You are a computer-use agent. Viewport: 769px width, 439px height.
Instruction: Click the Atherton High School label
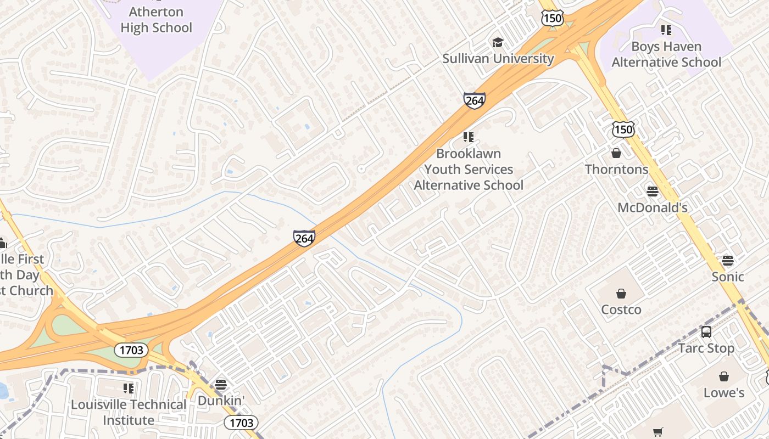tap(156, 20)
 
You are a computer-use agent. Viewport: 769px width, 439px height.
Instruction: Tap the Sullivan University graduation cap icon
tap(498, 42)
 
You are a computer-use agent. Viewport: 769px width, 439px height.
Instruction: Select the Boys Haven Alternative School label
tap(666, 54)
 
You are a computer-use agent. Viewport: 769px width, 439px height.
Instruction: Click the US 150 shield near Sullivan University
tap(551, 18)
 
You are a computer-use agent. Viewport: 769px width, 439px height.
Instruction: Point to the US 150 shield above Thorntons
tap(623, 130)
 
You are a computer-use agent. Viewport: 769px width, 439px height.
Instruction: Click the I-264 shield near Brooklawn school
tap(474, 100)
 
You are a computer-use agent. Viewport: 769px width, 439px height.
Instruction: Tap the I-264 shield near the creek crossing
tap(304, 238)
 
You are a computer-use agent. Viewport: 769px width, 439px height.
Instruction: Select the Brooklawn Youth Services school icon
tap(468, 137)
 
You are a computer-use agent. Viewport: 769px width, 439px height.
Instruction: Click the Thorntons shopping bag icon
tap(616, 153)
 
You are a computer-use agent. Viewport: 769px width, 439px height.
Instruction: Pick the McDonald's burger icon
tap(653, 192)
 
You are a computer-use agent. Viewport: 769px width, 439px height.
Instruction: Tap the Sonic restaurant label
tap(728, 276)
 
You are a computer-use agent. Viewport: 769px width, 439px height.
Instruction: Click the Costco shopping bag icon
tap(621, 294)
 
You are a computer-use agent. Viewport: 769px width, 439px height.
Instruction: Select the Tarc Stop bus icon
tap(706, 332)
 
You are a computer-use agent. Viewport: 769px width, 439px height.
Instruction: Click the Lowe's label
tap(724, 392)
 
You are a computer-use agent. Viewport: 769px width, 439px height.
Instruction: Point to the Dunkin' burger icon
tap(221, 384)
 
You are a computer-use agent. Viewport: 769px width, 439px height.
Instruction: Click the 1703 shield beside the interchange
tap(131, 350)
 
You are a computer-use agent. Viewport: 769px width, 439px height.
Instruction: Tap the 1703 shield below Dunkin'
tap(241, 422)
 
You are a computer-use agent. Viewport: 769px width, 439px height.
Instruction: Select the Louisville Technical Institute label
tap(129, 412)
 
